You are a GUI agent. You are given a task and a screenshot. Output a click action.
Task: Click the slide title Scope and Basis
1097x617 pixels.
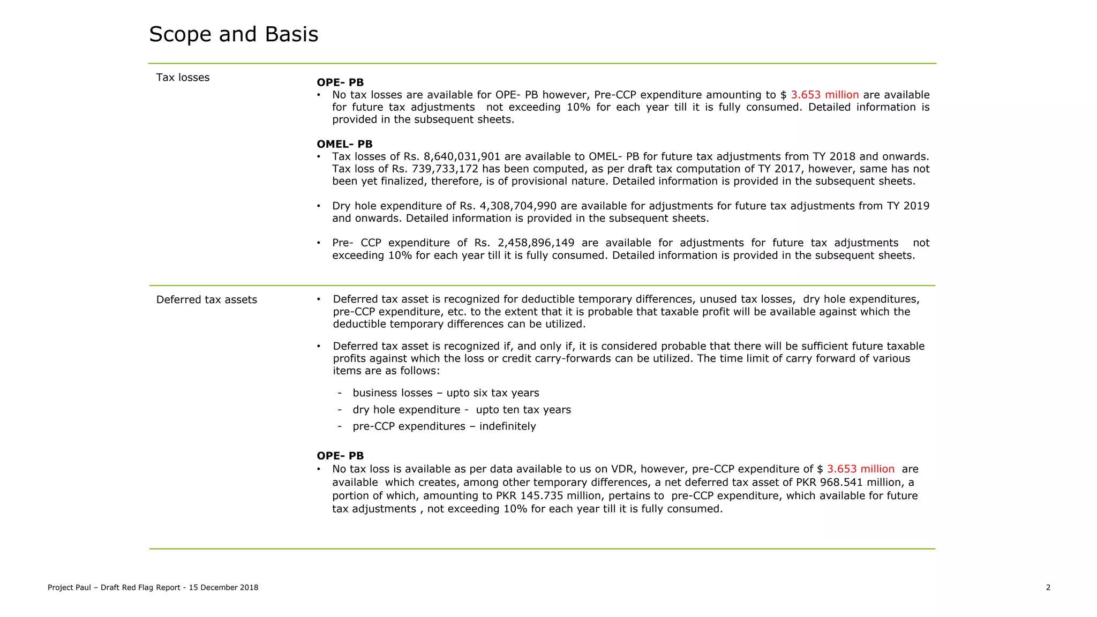[x=234, y=34]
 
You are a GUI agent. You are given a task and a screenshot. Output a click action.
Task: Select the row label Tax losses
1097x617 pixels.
[x=183, y=78]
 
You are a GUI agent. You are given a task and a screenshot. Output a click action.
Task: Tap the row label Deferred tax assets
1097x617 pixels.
[x=206, y=300]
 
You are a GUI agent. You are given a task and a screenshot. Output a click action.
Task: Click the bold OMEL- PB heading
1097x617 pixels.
[x=344, y=144]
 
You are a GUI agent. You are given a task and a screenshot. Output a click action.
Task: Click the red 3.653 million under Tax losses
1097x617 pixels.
[x=824, y=95]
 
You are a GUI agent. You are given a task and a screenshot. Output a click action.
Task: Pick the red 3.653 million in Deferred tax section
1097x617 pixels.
[x=860, y=469]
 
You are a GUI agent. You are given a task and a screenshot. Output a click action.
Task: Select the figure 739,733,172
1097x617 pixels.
[x=445, y=169]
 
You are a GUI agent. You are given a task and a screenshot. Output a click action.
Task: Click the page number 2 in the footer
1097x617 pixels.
[x=1048, y=588]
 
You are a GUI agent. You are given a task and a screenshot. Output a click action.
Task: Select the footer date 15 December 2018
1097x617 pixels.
[x=223, y=588]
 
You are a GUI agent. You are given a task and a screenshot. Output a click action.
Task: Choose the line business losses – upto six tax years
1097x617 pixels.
[x=446, y=393]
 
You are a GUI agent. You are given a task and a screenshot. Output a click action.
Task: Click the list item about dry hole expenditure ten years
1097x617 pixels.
[x=462, y=410]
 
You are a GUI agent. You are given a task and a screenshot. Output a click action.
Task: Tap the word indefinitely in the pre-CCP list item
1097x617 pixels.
[x=507, y=426]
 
